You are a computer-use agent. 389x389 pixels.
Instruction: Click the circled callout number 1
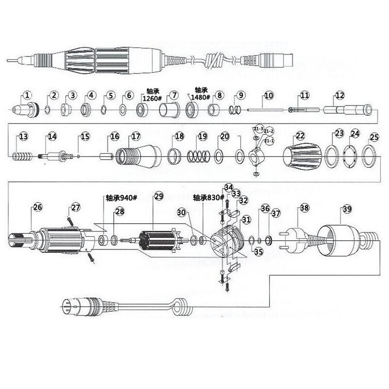click(x=28, y=95)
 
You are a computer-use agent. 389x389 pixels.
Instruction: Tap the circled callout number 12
click(x=339, y=95)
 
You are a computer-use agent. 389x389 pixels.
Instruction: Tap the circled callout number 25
click(x=374, y=137)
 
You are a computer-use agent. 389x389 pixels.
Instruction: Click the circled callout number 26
click(x=37, y=208)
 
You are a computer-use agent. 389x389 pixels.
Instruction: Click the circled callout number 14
click(x=52, y=137)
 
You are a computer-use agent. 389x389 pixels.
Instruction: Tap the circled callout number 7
click(x=172, y=95)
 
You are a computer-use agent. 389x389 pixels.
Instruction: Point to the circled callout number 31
click(x=246, y=220)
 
